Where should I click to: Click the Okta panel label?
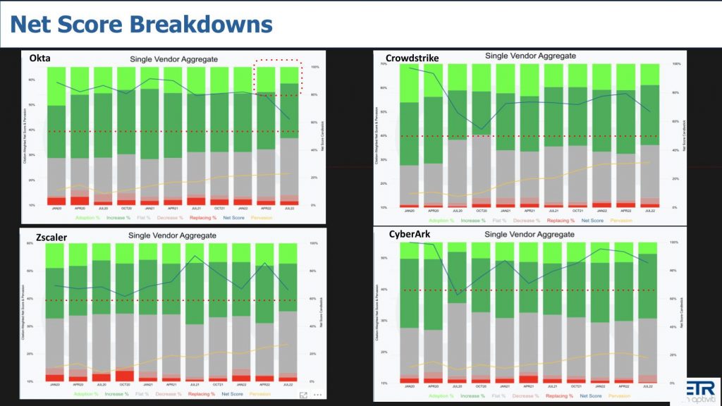(39, 59)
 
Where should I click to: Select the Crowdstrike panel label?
(412, 58)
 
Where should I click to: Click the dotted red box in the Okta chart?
(277, 77)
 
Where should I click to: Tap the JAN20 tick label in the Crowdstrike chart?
(409, 211)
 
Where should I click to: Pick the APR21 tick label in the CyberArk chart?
(529, 387)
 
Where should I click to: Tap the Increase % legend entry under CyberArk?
(472, 396)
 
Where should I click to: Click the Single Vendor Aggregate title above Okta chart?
(173, 60)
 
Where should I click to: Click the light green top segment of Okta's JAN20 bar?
(56, 86)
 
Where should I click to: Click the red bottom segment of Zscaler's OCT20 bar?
(125, 375)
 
